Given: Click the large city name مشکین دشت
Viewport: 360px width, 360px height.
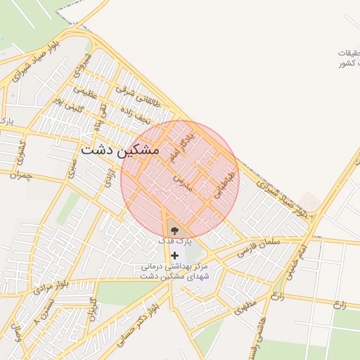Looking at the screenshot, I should coord(120,150).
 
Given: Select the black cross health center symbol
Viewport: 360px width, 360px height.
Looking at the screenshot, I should coord(174,255).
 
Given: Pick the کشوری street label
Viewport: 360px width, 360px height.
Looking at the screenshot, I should coord(22,148).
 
